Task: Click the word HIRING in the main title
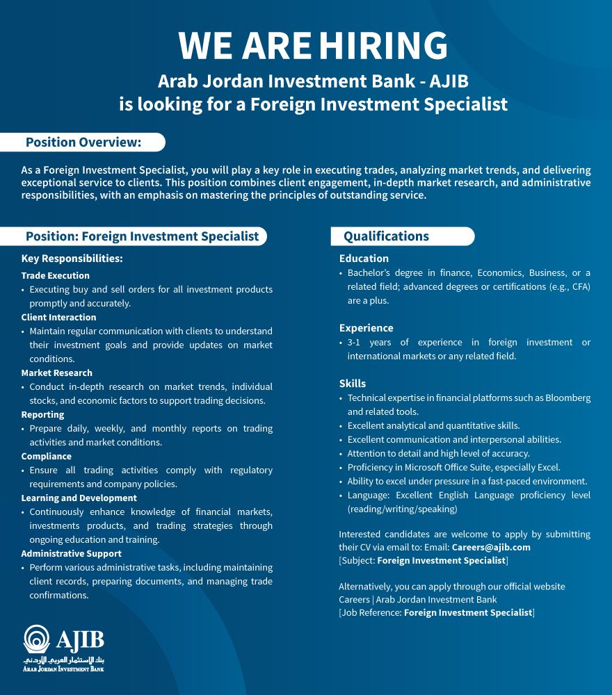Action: click(x=383, y=47)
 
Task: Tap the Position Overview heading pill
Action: click(x=83, y=142)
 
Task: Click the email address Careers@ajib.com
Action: click(x=491, y=547)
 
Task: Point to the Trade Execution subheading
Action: click(x=56, y=275)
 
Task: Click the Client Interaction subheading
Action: click(x=59, y=317)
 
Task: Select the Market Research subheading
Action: click(x=57, y=373)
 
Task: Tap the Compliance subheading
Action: click(x=47, y=456)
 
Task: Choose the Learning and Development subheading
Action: click(x=79, y=498)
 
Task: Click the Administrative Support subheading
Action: click(x=72, y=553)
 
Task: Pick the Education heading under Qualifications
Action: click(x=364, y=259)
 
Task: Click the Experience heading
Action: click(x=367, y=328)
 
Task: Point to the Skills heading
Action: click(x=353, y=384)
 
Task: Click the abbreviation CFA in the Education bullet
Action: click(x=580, y=286)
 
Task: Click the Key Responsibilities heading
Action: click(x=72, y=259)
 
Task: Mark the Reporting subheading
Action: click(x=43, y=414)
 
